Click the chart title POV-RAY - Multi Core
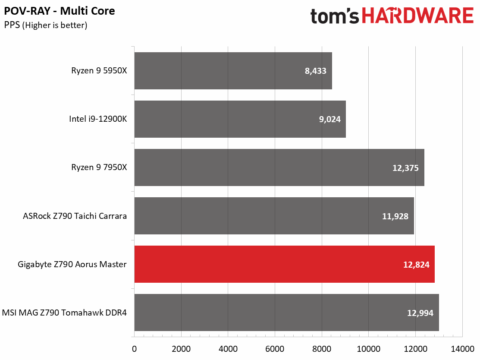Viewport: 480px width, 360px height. (x=60, y=11)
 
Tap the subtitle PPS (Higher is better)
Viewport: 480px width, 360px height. (x=46, y=25)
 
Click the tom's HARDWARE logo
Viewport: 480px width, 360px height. (x=392, y=16)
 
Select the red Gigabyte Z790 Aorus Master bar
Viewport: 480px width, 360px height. (x=284, y=264)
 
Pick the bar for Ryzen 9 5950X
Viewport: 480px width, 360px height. (x=233, y=71)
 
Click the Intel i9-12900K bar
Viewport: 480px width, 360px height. (x=240, y=119)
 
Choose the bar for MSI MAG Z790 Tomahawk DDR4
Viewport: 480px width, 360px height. (x=286, y=313)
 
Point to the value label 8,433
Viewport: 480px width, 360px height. (x=316, y=71)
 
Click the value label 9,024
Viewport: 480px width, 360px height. (x=329, y=120)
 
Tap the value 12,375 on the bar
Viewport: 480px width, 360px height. (x=406, y=168)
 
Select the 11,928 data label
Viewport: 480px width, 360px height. (x=395, y=216)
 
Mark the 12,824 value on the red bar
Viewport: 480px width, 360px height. (x=416, y=265)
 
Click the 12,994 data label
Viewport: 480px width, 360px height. (x=420, y=313)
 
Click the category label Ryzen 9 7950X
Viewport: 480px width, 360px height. (x=99, y=167)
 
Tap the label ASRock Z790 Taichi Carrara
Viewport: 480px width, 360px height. (x=75, y=216)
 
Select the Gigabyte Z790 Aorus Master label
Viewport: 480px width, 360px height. (x=72, y=265)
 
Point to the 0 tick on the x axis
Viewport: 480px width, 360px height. (x=135, y=349)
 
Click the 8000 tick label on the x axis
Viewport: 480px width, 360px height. (x=322, y=349)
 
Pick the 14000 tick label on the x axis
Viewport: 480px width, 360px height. (x=462, y=349)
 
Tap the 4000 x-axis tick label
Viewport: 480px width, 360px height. (x=228, y=349)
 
